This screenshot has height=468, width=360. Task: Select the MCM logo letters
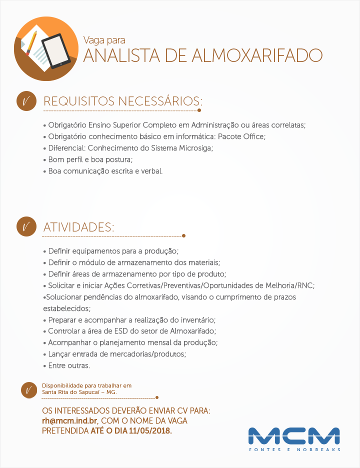point(294,435)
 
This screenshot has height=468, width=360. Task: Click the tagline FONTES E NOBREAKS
point(294,449)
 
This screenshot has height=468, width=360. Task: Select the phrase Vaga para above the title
point(104,40)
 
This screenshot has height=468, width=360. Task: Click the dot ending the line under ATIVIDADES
point(184,235)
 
